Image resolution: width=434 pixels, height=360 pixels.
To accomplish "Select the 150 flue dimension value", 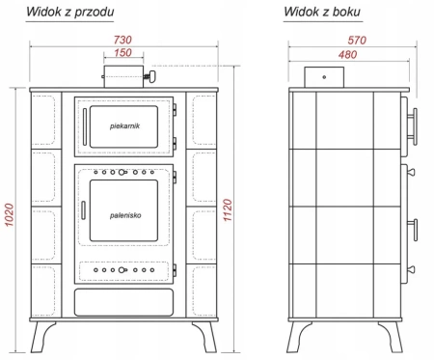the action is coord(122,53).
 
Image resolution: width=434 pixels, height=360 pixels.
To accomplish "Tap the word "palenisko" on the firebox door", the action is coord(126,217).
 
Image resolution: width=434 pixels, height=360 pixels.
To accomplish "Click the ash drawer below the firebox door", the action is coord(121,303).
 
